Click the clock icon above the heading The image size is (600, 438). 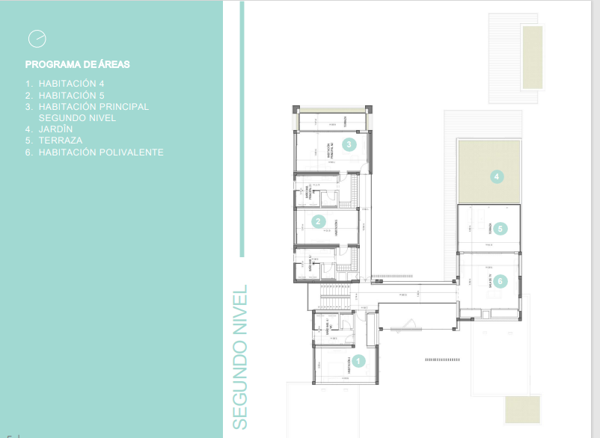(x=36, y=38)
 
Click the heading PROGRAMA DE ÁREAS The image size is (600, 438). (x=77, y=65)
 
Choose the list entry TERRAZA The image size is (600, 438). (x=61, y=141)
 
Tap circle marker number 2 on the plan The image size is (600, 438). (x=319, y=221)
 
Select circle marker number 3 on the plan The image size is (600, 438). (x=348, y=144)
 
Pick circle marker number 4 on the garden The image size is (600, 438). (x=495, y=177)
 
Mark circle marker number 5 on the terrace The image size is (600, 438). (x=500, y=229)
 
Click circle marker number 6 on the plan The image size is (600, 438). (x=500, y=282)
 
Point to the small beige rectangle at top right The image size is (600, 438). (x=532, y=57)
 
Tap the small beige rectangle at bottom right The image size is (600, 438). (x=522, y=410)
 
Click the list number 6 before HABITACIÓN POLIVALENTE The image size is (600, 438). (x=28, y=152)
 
